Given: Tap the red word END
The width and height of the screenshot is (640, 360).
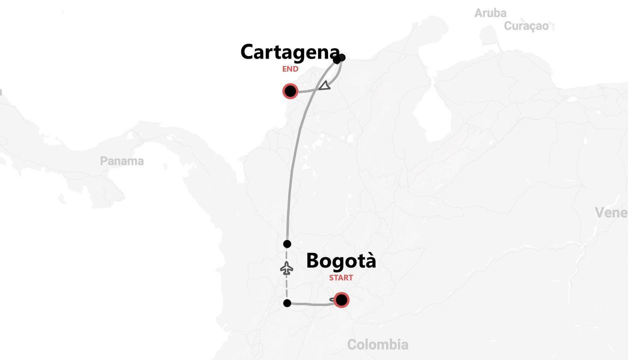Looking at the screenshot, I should pyautogui.click(x=290, y=69).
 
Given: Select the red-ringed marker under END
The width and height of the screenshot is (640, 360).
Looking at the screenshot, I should pyautogui.click(x=290, y=91).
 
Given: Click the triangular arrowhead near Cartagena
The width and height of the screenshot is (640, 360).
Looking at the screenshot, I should pyautogui.click(x=325, y=85).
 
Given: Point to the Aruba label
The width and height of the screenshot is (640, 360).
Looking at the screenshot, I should pyautogui.click(x=490, y=13).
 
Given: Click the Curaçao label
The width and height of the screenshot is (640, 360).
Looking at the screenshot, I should pyautogui.click(x=526, y=26).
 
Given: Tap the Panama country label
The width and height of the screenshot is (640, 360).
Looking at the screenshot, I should pyautogui.click(x=121, y=161).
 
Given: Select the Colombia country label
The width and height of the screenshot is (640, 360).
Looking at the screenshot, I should pyautogui.click(x=377, y=344).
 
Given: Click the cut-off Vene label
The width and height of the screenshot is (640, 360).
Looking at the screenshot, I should pyautogui.click(x=610, y=212).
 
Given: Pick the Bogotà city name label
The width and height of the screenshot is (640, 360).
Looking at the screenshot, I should pyautogui.click(x=341, y=261).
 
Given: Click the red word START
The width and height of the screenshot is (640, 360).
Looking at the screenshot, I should pyautogui.click(x=341, y=277).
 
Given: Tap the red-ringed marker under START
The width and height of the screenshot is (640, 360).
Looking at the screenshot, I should pyautogui.click(x=341, y=300).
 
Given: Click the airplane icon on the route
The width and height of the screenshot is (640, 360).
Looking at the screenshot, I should pyautogui.click(x=286, y=268).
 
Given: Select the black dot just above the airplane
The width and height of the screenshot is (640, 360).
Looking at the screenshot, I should pyautogui.click(x=287, y=244).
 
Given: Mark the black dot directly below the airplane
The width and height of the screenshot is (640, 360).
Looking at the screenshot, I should pyautogui.click(x=287, y=303).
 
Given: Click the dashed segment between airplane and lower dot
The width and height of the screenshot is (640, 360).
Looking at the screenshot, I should pyautogui.click(x=287, y=289).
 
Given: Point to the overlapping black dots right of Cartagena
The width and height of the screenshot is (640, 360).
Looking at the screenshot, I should pyautogui.click(x=339, y=58).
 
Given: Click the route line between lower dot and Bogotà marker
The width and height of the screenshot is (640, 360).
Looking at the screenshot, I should pyautogui.click(x=310, y=304).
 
